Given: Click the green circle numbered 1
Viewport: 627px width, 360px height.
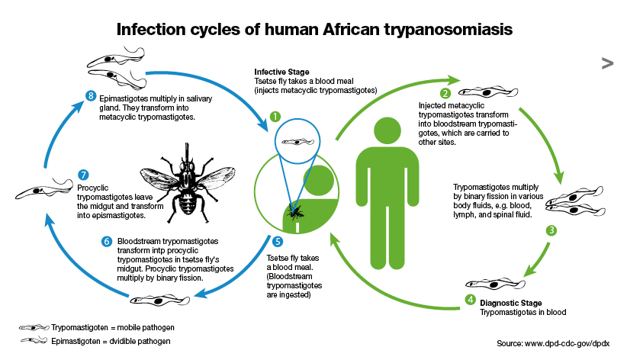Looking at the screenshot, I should click(275, 117).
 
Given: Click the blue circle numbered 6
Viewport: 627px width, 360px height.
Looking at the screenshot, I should click(106, 242).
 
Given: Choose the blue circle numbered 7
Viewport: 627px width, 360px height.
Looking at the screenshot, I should click(84, 174).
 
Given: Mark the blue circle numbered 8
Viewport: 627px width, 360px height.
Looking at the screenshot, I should click(91, 95).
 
